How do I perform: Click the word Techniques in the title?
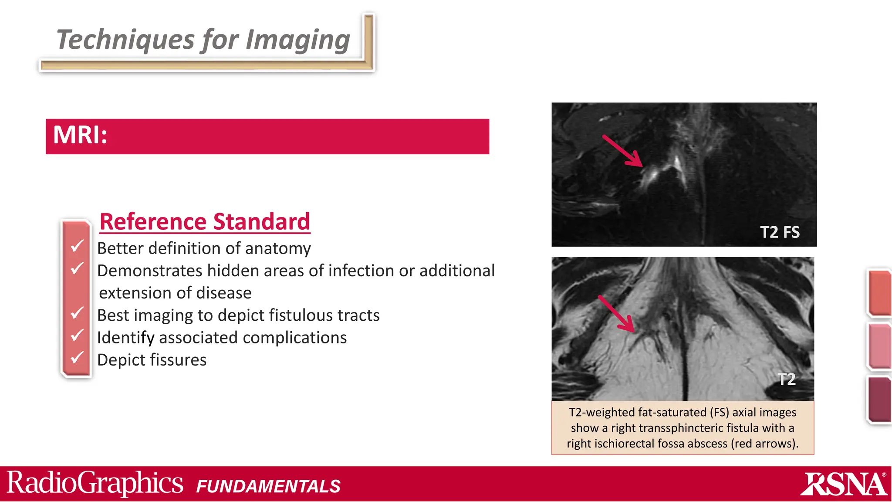click(125, 40)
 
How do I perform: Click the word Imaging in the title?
click(298, 40)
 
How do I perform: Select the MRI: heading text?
click(80, 135)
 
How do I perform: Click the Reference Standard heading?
click(205, 221)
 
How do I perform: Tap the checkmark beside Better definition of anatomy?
click(77, 246)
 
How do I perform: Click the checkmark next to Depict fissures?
click(77, 358)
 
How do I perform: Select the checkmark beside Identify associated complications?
click(77, 336)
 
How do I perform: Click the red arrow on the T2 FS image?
click(622, 151)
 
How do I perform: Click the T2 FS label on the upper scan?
click(780, 232)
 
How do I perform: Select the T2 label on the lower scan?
click(787, 379)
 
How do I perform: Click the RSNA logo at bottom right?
click(843, 484)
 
